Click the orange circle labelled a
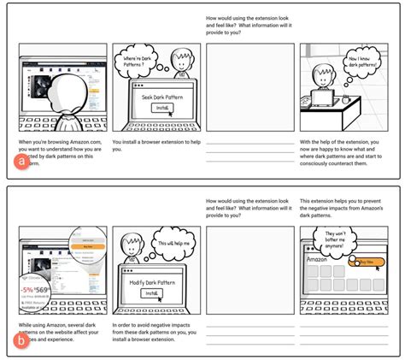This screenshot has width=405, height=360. [x=21, y=160]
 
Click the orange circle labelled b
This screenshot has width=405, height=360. [x=21, y=342]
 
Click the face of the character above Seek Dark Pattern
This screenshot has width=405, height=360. [x=180, y=62]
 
